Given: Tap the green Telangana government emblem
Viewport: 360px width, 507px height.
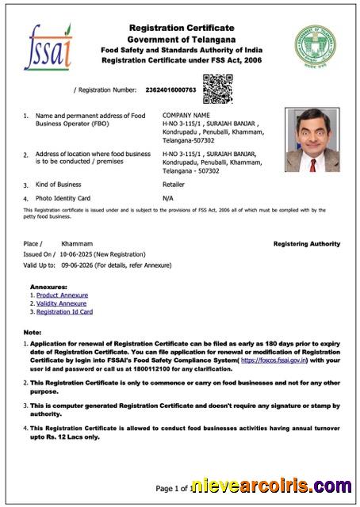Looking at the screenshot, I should tap(315, 47).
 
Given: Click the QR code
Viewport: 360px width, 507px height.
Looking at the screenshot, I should tap(217, 89).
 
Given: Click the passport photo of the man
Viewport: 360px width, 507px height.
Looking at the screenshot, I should tap(312, 140).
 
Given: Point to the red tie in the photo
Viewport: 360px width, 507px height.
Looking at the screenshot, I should tap(312, 165).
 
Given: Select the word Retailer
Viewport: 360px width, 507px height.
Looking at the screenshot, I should tap(174, 184).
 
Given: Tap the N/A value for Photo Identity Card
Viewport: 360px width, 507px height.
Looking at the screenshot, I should tap(167, 197).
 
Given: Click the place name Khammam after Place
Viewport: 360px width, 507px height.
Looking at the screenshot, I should tap(77, 243).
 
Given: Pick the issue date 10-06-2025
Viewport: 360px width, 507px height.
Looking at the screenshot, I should tap(78, 254).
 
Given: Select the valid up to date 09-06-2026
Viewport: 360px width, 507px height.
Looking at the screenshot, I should tap(78, 265).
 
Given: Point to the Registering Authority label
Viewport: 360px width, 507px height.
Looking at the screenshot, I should tap(306, 244).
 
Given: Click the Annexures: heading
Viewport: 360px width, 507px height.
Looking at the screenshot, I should tap(48, 286).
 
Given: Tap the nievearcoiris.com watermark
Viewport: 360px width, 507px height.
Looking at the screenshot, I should tap(271, 486).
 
